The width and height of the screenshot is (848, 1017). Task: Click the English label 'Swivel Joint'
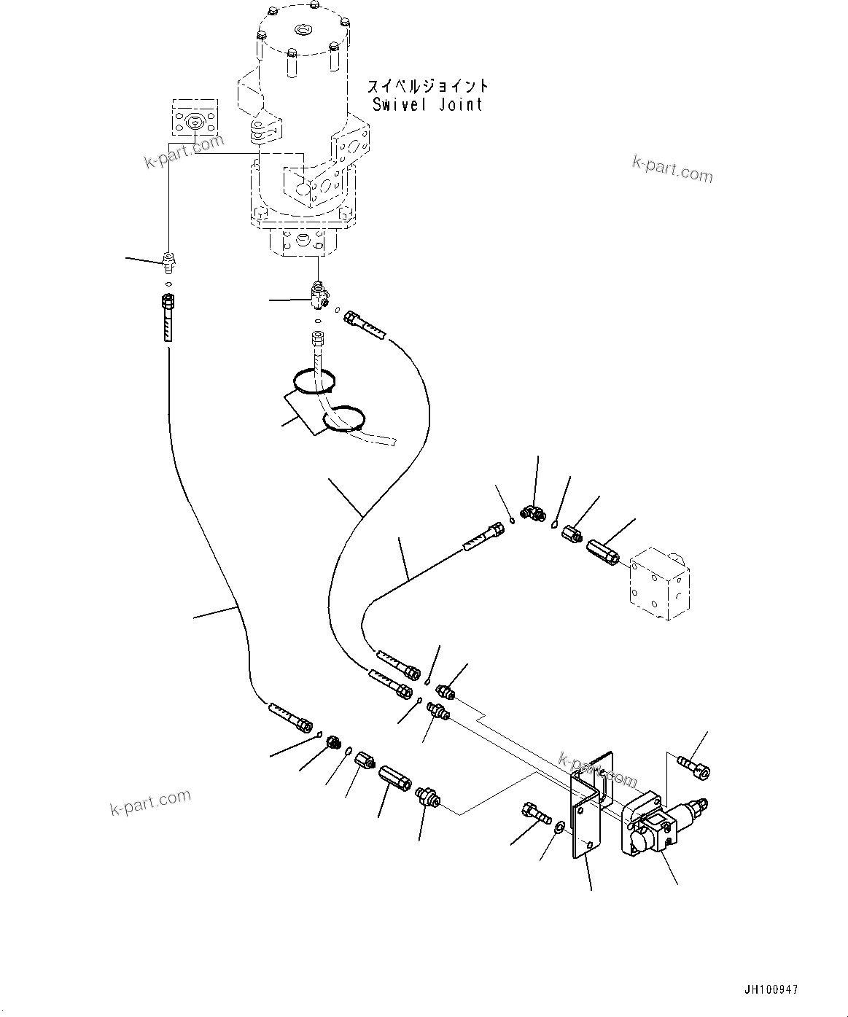coord(427,104)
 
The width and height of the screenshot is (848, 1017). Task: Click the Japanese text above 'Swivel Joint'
coord(427,86)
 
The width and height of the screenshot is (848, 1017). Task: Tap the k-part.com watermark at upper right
coord(672,169)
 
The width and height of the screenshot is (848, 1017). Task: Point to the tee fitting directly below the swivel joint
coord(319,295)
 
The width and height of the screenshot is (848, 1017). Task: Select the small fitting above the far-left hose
coord(168,259)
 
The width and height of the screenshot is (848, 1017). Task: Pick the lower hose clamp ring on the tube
coord(342,421)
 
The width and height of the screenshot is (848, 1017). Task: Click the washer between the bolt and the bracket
coord(559,827)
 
